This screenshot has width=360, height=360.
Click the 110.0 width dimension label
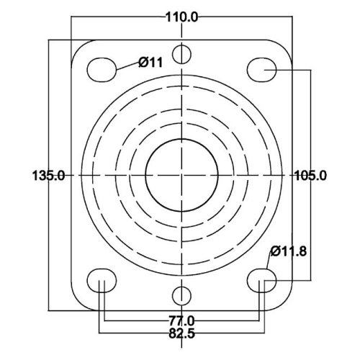182,17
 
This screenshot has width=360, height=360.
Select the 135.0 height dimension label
48,176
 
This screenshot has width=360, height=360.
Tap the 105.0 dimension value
310,176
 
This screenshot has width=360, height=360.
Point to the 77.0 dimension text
181,320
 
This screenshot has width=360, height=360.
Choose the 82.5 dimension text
181,333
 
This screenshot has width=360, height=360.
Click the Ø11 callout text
150,63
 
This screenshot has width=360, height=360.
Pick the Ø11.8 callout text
289,251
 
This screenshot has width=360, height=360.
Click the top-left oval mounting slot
102,70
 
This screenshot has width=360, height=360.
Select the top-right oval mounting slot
262,70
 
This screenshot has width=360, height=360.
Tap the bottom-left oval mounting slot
102,281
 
